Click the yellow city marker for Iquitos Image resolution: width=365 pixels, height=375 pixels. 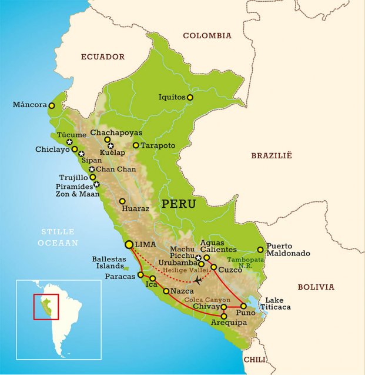coord(190,97)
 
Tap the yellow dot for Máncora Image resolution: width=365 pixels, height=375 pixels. coord(52,106)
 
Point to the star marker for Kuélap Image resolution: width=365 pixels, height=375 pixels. coord(110,145)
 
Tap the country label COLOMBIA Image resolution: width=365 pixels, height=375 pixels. coord(207,36)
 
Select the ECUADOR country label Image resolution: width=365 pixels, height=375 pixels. coord(103,57)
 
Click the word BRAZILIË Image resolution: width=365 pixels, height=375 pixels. coord(272,155)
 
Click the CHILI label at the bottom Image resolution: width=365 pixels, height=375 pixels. coord(255,359)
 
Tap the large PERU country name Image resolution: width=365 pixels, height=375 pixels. coord(179,204)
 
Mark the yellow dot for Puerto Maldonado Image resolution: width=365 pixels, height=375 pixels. coord(260,250)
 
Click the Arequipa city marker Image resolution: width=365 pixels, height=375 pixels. coord(224,317)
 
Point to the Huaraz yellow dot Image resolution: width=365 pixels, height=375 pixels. coord(122,201)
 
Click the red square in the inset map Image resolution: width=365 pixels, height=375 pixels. coord(46,306)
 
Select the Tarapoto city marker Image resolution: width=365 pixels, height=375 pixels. coord(136,145)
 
